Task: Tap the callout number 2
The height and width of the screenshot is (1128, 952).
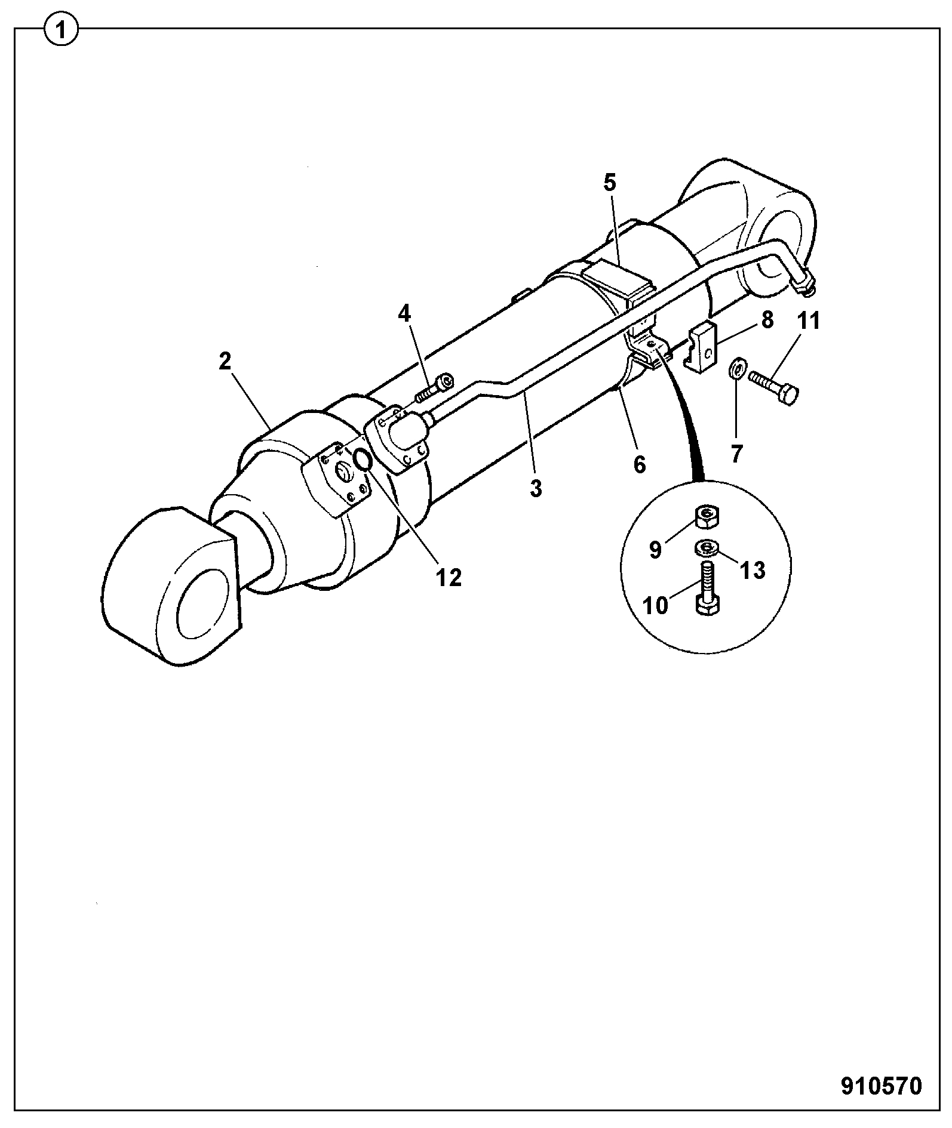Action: [225, 361]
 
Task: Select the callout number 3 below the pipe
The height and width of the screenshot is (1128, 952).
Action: [536, 488]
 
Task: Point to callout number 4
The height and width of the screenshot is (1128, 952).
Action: [405, 313]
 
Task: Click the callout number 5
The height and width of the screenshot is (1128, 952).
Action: [609, 183]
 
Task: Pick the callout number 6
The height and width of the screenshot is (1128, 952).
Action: [639, 464]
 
